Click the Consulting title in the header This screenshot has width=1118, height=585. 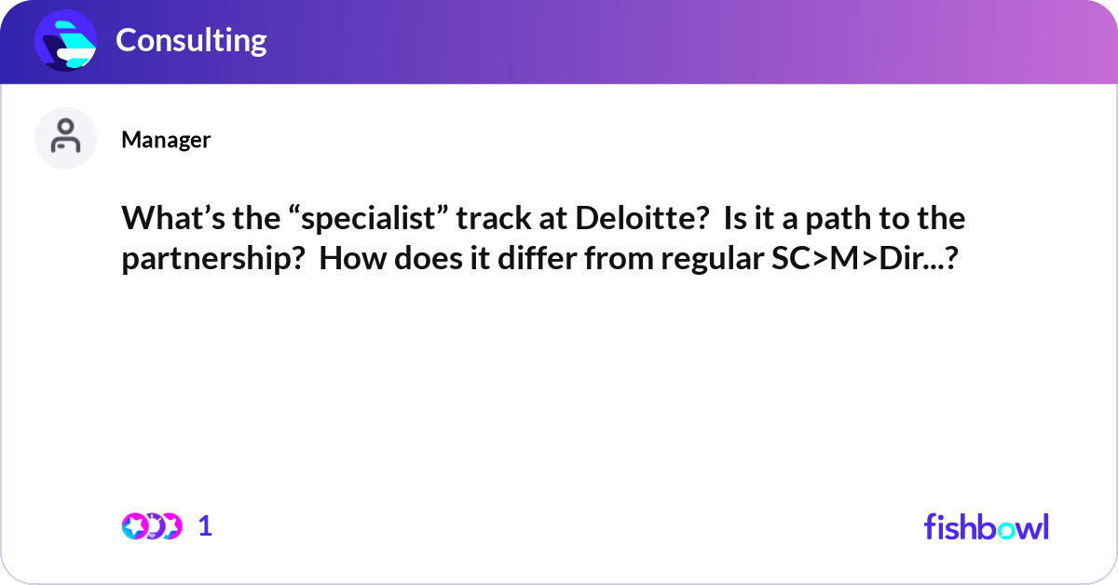[x=191, y=40]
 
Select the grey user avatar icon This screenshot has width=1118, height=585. [x=65, y=138]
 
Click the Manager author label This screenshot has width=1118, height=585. [x=166, y=140]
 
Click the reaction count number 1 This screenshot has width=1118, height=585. [x=206, y=526]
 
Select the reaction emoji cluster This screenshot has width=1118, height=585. [x=151, y=526]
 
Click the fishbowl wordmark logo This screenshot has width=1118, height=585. [x=986, y=526]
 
